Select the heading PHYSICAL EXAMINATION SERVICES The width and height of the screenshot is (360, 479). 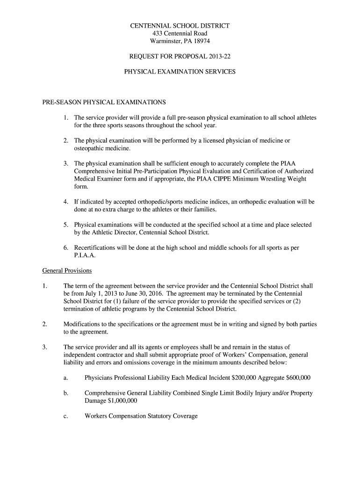tap(180, 72)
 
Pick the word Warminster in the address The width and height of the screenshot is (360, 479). tap(164, 41)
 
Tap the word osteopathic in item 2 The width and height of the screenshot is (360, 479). tap(90, 148)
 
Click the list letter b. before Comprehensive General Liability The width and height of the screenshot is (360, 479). tap(66, 393)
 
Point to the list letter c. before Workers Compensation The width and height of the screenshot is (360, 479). tap(65, 416)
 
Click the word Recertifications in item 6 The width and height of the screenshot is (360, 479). tap(97, 248)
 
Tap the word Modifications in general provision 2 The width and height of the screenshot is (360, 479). tap(83, 324)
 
